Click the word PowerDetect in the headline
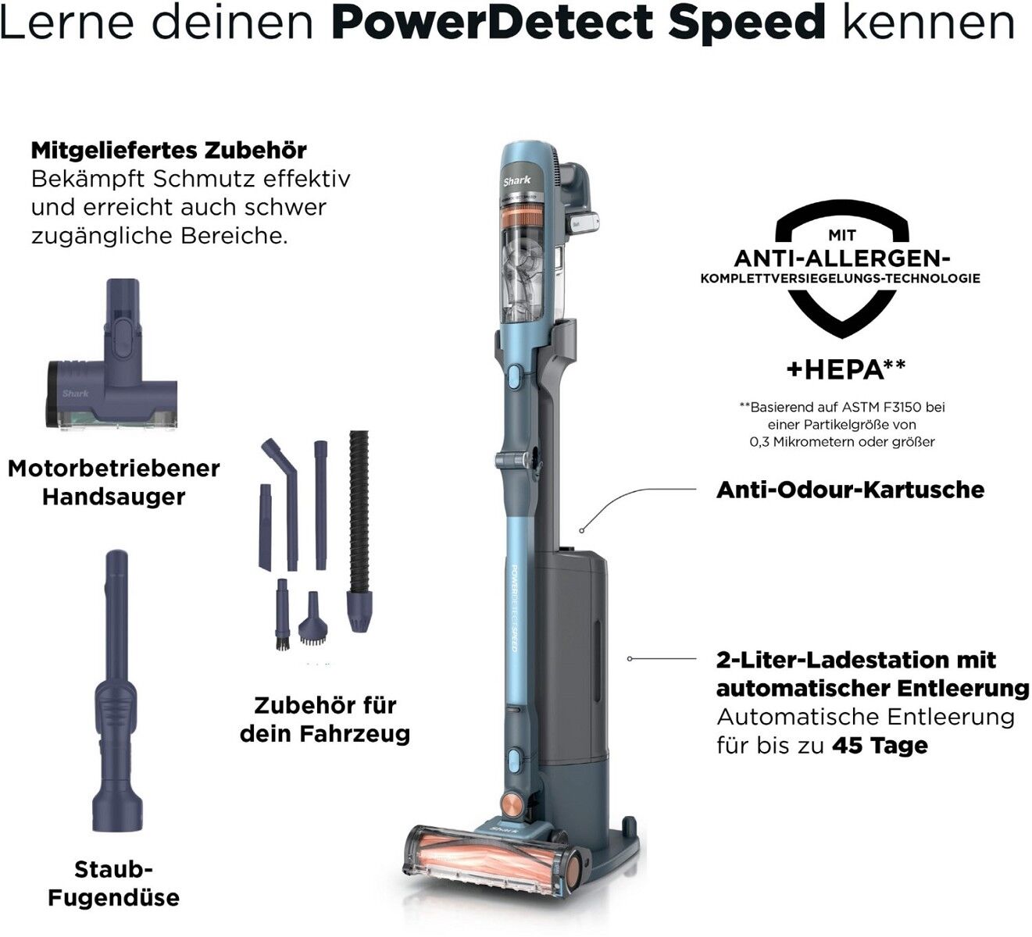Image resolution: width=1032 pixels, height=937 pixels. (492, 23)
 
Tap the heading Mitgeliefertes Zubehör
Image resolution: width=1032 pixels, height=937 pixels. (169, 151)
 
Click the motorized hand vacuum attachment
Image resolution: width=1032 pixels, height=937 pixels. (112, 354)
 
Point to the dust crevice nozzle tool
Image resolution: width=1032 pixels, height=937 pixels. (116, 691)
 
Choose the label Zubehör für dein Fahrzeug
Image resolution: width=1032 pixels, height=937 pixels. (325, 719)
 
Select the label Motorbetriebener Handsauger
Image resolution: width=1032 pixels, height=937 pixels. (114, 483)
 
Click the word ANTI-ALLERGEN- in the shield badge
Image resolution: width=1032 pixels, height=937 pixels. (841, 258)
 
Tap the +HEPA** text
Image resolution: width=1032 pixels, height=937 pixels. (846, 369)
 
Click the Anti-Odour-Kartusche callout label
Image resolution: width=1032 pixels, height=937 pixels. (851, 490)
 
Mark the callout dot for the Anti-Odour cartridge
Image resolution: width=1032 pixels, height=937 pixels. (582, 530)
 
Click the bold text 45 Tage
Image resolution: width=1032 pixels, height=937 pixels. (880, 745)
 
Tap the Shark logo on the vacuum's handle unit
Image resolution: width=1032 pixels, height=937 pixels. (516, 180)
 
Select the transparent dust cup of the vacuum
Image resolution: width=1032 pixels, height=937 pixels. (522, 275)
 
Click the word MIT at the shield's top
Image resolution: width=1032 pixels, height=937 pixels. (842, 235)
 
